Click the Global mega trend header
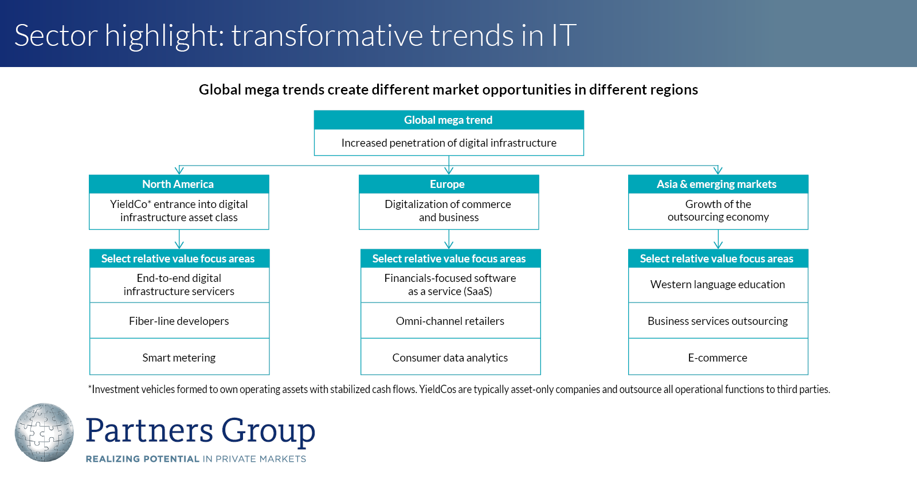click(448, 120)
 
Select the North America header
click(178, 184)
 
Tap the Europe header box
click(448, 184)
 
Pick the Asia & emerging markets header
click(718, 184)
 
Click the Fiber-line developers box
click(179, 321)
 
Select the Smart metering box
click(179, 358)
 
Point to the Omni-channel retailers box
click(450, 321)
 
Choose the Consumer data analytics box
click(450, 358)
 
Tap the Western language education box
click(718, 285)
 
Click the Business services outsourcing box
click(718, 321)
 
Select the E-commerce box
click(718, 358)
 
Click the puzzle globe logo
click(44, 433)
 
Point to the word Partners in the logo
click(149, 431)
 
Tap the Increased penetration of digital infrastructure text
click(449, 143)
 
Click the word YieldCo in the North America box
click(129, 205)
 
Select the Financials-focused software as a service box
click(450, 285)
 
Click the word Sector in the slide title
click(56, 36)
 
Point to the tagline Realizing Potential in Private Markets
click(196, 459)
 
